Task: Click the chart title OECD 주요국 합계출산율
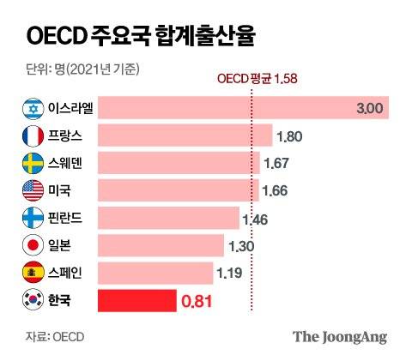point(142,37)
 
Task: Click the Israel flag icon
point(31,108)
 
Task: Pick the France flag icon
point(31,135)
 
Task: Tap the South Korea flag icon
point(31,301)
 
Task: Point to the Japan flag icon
point(31,246)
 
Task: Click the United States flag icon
point(31,190)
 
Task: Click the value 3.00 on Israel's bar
point(370,109)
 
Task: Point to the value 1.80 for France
point(289,136)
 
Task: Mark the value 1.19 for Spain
point(229,274)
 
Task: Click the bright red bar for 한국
point(136,301)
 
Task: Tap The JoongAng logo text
point(340,336)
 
